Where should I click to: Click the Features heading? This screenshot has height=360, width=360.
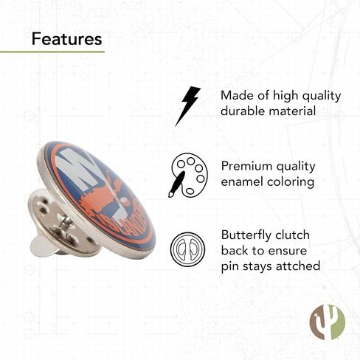(x=66, y=39)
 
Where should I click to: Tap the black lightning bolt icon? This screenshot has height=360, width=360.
(x=187, y=106)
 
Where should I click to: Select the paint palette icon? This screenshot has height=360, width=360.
(x=188, y=175)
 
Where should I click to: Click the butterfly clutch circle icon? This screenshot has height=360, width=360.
(x=187, y=249)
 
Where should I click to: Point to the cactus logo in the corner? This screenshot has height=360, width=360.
(x=328, y=322)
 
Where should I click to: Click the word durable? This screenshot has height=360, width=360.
(x=243, y=111)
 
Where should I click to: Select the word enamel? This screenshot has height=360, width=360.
(x=242, y=181)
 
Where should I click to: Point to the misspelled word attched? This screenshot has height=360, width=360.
(x=298, y=266)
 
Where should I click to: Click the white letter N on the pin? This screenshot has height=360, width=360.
(x=79, y=168)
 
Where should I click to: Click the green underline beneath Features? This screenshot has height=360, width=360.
(x=52, y=52)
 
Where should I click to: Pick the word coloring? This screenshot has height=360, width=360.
(x=291, y=182)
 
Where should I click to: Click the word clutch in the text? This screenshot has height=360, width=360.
(x=292, y=235)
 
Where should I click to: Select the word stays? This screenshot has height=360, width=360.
(x=257, y=267)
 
